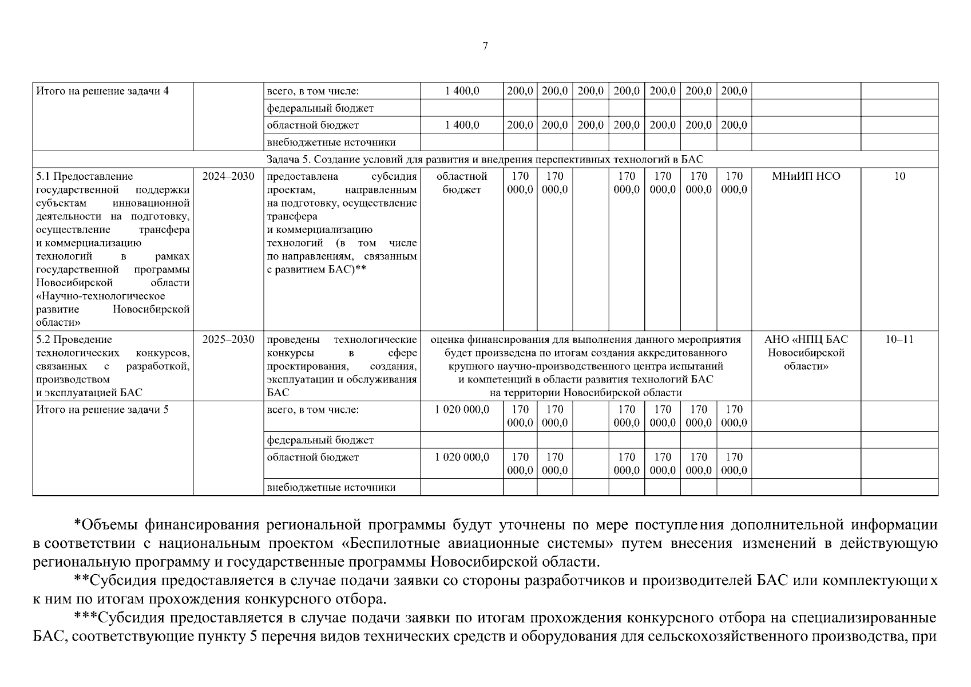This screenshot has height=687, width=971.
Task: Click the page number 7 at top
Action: click(x=485, y=46)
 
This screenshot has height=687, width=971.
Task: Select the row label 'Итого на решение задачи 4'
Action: click(x=102, y=91)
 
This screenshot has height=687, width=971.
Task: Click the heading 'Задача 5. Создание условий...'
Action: click(x=485, y=159)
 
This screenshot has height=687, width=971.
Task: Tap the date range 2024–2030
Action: click(x=228, y=176)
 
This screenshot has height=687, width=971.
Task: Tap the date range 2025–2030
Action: click(x=228, y=339)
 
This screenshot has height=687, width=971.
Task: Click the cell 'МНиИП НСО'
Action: click(x=806, y=176)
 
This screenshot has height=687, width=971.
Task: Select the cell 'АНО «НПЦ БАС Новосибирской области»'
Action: click(x=806, y=353)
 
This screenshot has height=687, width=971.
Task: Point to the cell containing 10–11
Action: click(x=899, y=339)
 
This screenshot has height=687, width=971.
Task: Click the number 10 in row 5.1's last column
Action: click(x=899, y=176)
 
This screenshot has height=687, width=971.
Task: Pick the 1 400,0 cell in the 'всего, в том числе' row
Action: click(x=462, y=91)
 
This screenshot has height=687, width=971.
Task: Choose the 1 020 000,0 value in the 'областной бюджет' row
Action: click(x=462, y=457)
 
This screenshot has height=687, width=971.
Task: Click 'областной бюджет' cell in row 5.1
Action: click(x=462, y=183)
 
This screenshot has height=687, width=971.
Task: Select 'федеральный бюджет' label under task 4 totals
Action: click(x=320, y=108)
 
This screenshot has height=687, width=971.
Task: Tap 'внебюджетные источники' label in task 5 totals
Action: click(x=331, y=488)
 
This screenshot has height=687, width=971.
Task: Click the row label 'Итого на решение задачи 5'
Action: click(x=102, y=410)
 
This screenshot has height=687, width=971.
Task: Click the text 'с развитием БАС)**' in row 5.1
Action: click(x=316, y=270)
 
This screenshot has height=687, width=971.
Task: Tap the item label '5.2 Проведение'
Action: click(x=74, y=339)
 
